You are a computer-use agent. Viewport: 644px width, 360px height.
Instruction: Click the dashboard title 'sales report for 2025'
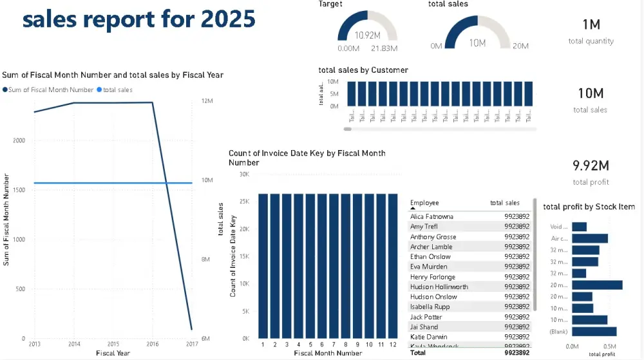coord(138,19)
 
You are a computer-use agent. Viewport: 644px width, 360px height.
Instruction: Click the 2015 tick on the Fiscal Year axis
coord(113,345)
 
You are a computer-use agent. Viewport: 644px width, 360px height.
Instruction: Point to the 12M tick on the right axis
coord(207,101)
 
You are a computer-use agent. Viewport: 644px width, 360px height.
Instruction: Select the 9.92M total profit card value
coord(591,166)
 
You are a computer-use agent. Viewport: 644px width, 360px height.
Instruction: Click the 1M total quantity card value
coord(591,24)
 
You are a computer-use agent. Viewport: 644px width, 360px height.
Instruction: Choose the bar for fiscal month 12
coord(393,265)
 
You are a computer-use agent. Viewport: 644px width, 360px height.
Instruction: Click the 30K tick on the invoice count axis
coord(244,174)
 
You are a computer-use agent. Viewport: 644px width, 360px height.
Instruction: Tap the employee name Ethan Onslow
coord(430,256)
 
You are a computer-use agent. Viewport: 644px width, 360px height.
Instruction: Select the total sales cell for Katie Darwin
coord(516,337)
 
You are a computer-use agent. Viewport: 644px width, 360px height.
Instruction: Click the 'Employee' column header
coord(424,203)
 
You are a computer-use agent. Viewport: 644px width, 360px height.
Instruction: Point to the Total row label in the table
coord(418,353)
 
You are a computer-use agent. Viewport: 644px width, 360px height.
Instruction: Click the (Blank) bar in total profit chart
coord(594,332)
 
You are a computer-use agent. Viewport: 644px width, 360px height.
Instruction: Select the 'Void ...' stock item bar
coord(579,227)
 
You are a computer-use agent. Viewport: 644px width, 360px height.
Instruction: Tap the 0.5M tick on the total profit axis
coord(609,346)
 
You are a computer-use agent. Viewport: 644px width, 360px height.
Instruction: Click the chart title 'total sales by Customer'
coord(363,70)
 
